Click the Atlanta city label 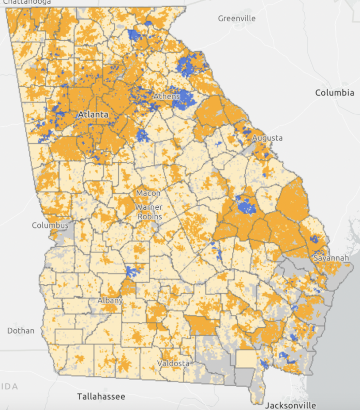point(93,114)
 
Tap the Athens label point(166,96)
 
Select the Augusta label point(267,138)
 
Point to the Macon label point(148,193)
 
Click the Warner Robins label point(149,211)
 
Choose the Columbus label point(50,225)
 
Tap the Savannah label point(331,257)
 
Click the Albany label point(110,300)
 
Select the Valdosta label point(173,363)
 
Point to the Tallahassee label point(101,397)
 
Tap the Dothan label point(21,330)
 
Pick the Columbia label point(335,93)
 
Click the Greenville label point(237,19)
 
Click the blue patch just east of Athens point(184,98)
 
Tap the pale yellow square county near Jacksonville point(246,358)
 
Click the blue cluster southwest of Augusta point(246,206)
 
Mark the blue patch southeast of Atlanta point(142,136)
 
